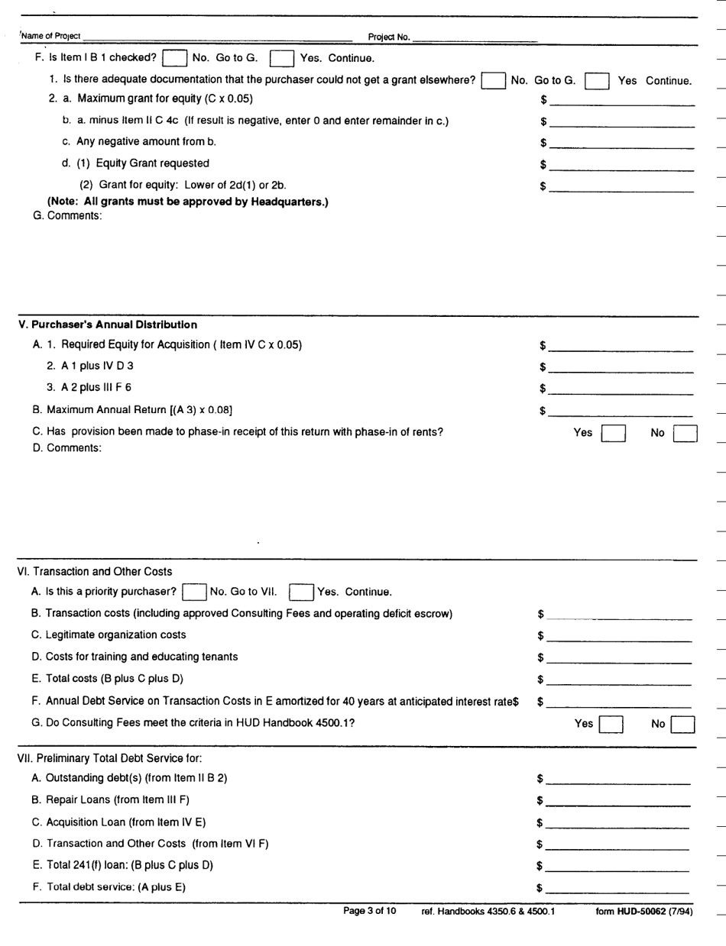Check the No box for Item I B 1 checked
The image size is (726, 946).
(x=175, y=58)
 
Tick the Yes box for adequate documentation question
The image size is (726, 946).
(x=596, y=81)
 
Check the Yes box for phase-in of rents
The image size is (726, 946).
(x=614, y=434)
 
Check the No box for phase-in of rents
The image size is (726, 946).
(x=685, y=434)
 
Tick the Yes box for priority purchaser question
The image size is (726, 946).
(x=301, y=592)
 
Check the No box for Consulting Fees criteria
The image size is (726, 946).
(x=682, y=724)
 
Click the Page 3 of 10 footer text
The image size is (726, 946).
(x=370, y=911)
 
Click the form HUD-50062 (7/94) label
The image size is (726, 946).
(x=643, y=912)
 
